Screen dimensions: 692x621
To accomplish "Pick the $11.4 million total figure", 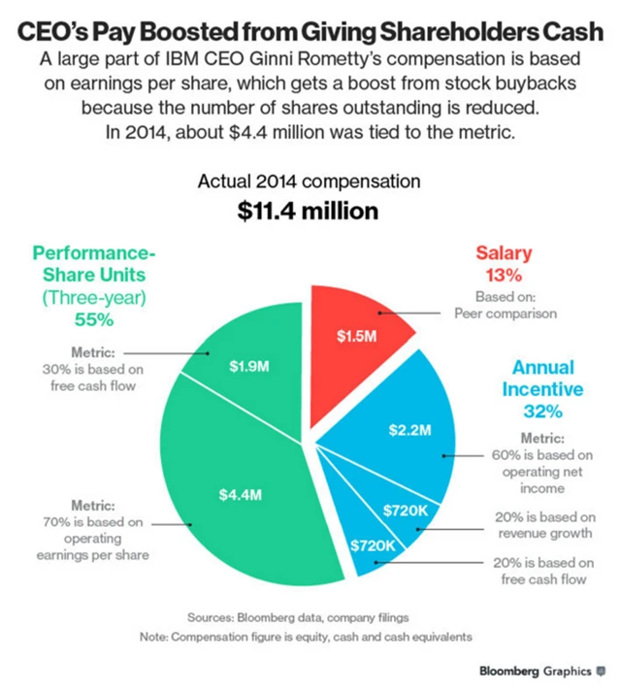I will point(310,211).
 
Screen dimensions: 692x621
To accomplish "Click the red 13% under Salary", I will point(504,274).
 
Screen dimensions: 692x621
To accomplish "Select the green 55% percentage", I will point(93,316).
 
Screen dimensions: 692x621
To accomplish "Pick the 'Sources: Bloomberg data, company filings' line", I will point(309,616).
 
